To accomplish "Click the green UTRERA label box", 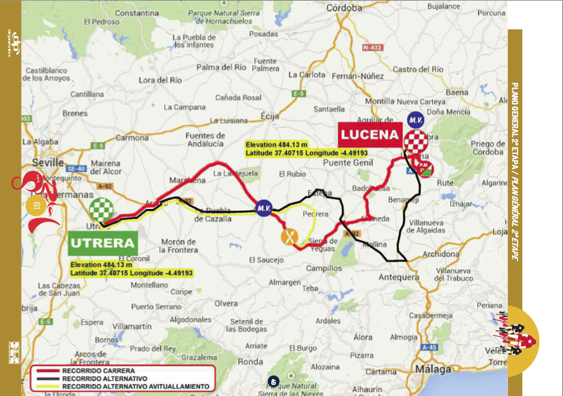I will tap(102, 242).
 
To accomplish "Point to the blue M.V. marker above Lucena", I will tap(416, 119).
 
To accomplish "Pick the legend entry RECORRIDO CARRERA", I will tap(89, 372).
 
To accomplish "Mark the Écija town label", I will tap(269, 116).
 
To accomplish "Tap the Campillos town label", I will tap(323, 269).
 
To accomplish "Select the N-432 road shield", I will tap(372, 47).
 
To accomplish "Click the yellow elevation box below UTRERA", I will tap(132, 269).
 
